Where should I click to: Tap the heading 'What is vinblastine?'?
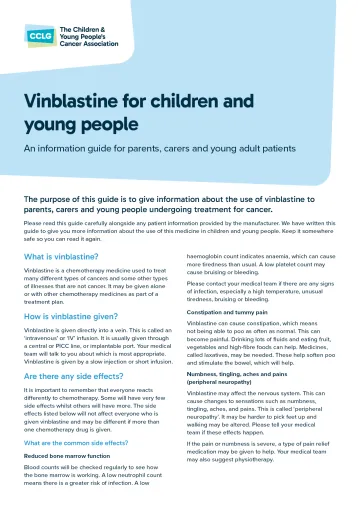click(x=66, y=258)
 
